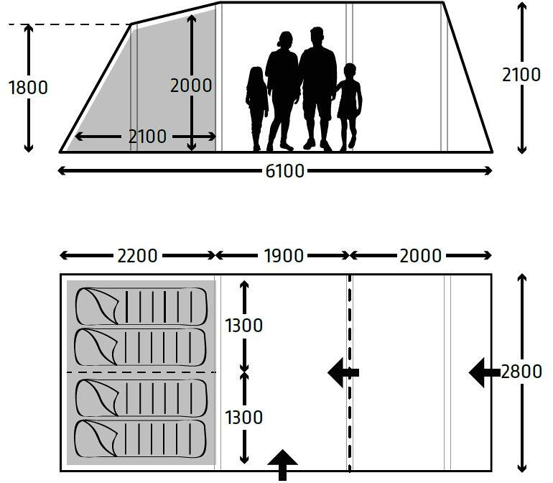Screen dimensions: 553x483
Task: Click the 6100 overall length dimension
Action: point(284,171)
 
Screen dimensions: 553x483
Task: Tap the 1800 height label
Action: point(28,88)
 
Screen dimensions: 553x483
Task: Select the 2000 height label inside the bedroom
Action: point(191,86)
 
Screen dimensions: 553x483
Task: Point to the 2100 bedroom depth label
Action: point(147,137)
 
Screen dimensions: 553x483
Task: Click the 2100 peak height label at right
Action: point(521,75)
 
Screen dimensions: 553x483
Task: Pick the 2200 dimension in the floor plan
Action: point(137,256)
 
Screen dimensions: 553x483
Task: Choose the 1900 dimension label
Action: point(284,256)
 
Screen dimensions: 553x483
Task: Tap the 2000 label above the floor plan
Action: point(420,256)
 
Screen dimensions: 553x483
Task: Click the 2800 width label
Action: point(521,372)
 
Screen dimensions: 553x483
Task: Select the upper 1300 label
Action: point(243,325)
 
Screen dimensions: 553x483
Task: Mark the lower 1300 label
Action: point(243,418)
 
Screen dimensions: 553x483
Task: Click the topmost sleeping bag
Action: point(141,306)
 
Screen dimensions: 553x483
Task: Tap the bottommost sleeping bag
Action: point(140,438)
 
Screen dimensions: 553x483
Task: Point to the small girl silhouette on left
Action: point(257,109)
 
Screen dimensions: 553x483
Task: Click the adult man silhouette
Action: point(317,89)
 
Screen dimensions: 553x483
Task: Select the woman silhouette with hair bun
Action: point(282,91)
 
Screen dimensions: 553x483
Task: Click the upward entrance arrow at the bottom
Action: point(282,465)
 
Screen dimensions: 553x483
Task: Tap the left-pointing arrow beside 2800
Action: point(485,372)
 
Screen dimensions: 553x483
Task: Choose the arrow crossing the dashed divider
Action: point(343,372)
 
